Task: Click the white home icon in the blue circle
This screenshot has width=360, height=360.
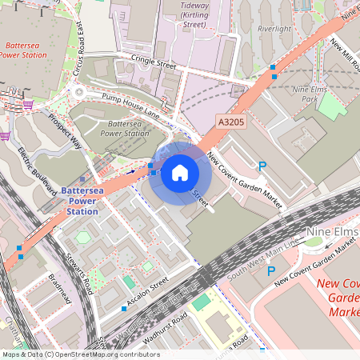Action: click(180, 172)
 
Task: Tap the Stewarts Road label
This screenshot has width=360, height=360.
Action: click(79, 275)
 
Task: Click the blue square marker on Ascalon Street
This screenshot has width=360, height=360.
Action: click(124, 308)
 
